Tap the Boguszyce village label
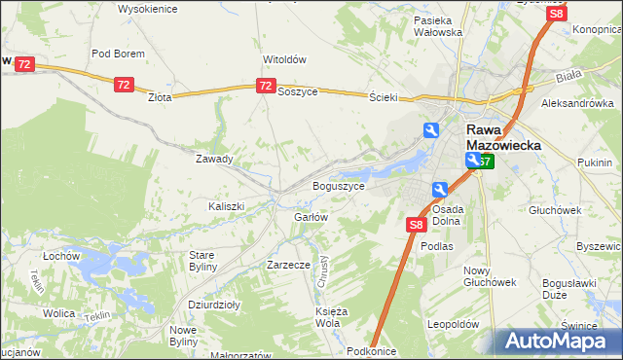point(338,185)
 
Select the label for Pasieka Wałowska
point(438,26)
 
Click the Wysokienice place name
point(147,8)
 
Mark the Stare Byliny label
point(202,261)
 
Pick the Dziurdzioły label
point(213,305)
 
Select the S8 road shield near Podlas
point(416,226)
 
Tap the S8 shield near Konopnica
point(557,14)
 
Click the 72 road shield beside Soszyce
point(266,87)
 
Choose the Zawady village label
point(214,159)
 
